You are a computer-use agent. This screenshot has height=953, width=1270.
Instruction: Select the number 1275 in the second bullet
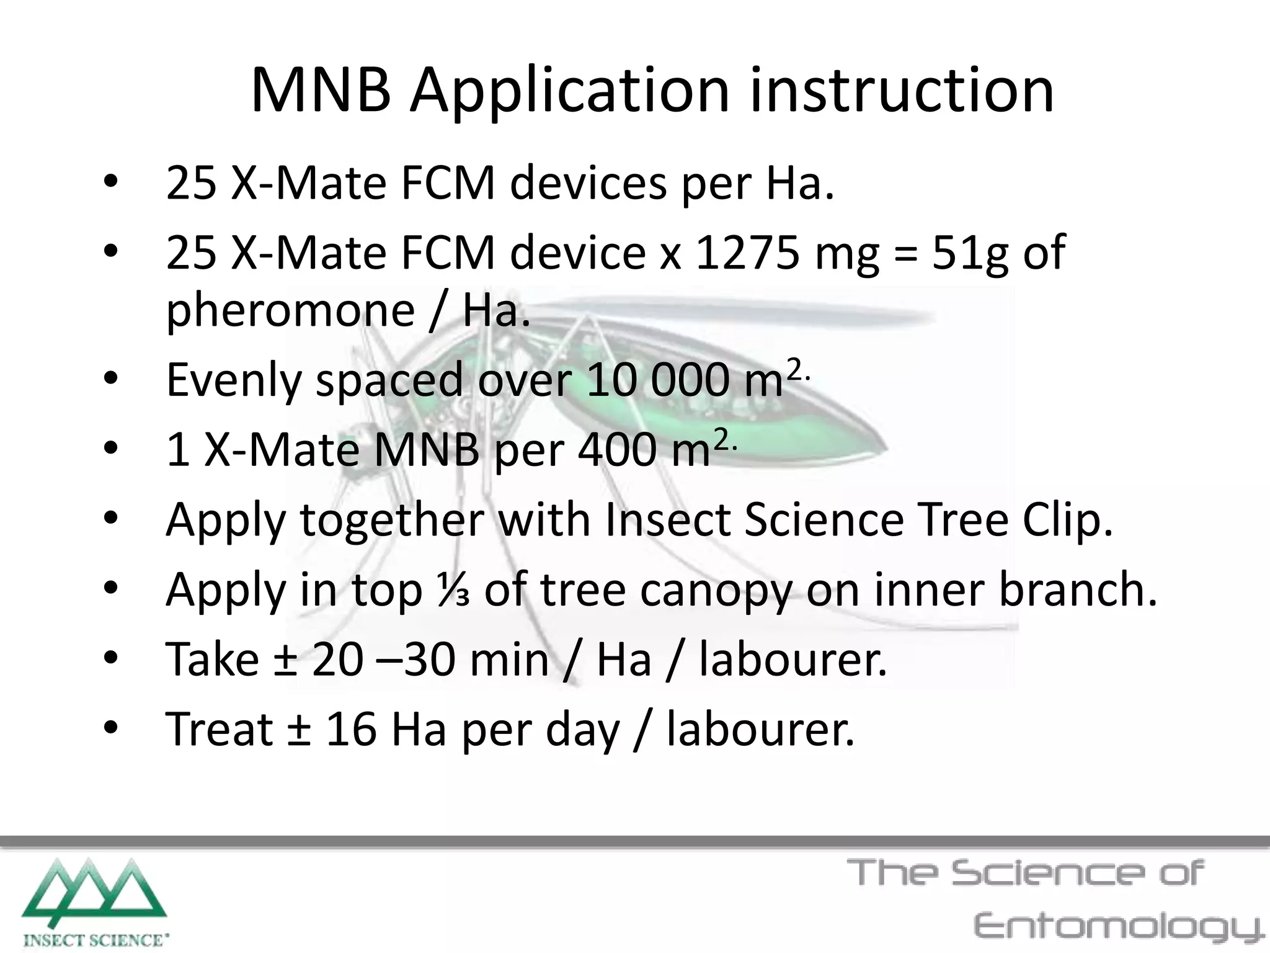748,253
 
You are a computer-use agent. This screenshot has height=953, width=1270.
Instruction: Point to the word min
509,659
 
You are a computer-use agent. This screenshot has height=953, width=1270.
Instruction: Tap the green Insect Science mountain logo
94,893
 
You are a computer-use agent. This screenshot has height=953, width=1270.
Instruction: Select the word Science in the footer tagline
1047,874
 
